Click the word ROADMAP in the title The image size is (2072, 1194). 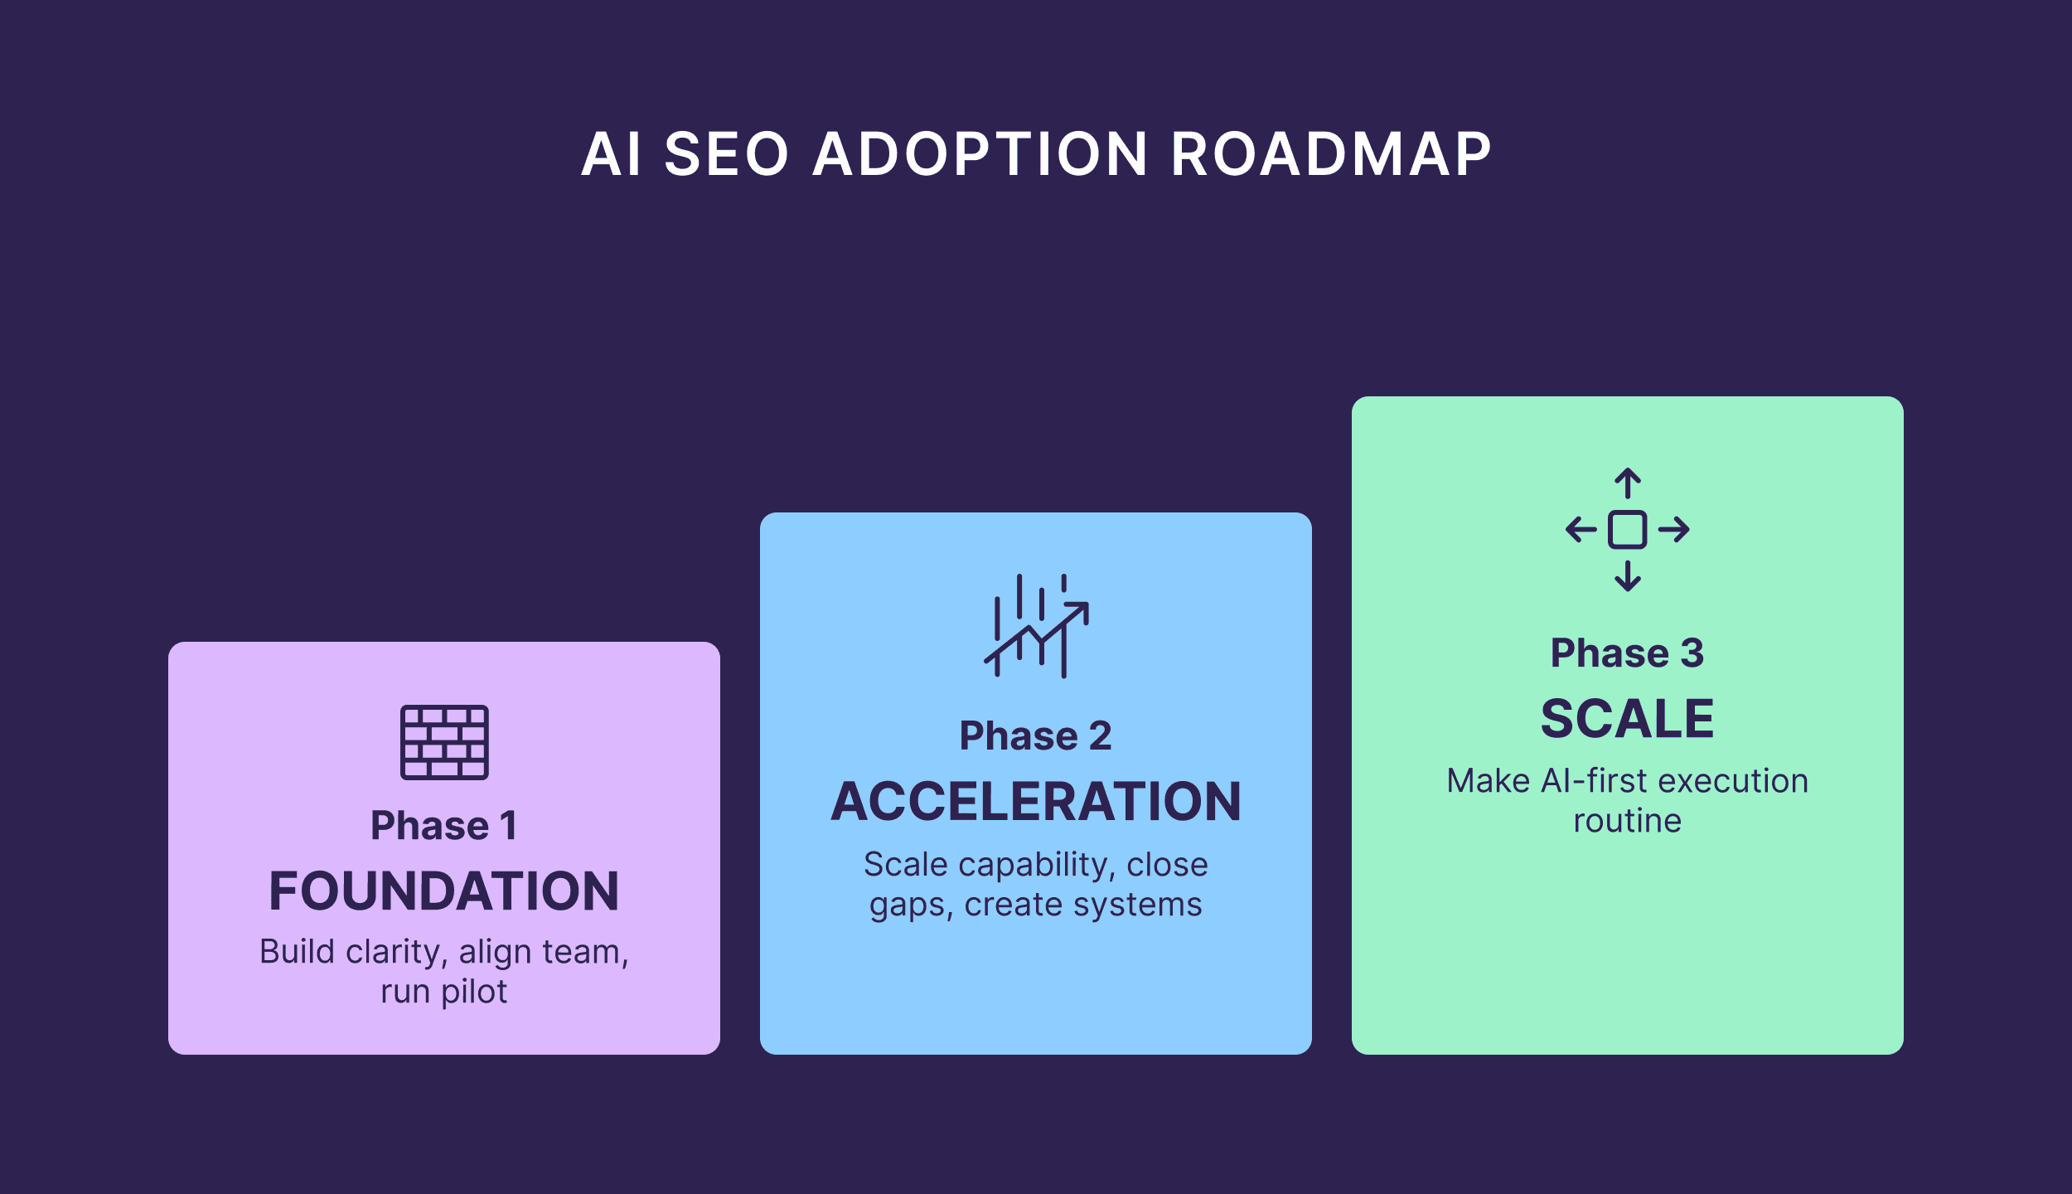pyautogui.click(x=1331, y=155)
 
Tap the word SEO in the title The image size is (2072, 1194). pyautogui.click(x=726, y=155)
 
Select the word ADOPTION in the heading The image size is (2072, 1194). pyautogui.click(x=980, y=155)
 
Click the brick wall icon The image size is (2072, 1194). pyautogui.click(x=444, y=742)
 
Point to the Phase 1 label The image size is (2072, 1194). pyautogui.click(x=444, y=826)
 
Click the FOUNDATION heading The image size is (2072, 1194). pyautogui.click(x=444, y=891)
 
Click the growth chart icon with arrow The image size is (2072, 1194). pyautogui.click(x=1036, y=626)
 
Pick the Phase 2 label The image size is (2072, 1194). pyautogui.click(x=1035, y=736)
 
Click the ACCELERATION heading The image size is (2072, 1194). pyautogui.click(x=1036, y=802)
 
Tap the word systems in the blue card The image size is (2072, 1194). pyautogui.click(x=1155, y=905)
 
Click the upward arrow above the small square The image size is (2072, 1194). pyautogui.click(x=1628, y=483)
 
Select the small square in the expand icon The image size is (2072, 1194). pyautogui.click(x=1628, y=530)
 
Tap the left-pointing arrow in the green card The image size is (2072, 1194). pyautogui.click(x=1581, y=530)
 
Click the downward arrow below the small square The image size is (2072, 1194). pyautogui.click(x=1628, y=576)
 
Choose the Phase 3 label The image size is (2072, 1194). pyautogui.click(x=1627, y=653)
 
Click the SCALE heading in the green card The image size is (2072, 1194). pyautogui.click(x=1627, y=719)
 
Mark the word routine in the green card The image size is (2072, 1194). pyautogui.click(x=1627, y=822)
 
